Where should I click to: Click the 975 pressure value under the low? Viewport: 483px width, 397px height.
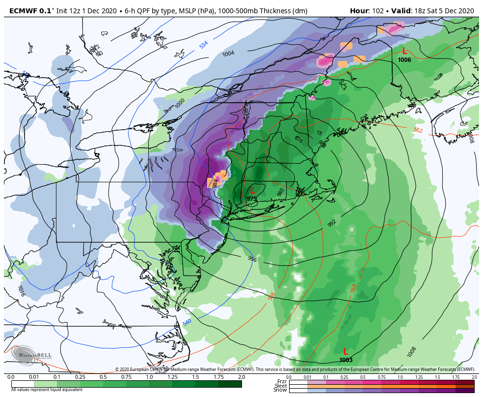(251, 198)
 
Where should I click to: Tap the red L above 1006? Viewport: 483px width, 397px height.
(404, 51)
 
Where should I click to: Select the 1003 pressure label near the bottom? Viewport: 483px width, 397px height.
(346, 360)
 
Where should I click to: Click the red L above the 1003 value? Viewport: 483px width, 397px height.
(346, 351)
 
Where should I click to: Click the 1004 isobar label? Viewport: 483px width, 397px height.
(228, 54)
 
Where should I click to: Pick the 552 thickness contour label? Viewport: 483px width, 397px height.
(418, 130)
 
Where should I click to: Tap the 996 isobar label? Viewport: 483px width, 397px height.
(252, 259)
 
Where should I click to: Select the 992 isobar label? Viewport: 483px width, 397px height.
(332, 223)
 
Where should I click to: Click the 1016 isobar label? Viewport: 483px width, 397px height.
(21, 291)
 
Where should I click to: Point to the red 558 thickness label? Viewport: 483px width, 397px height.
(353, 288)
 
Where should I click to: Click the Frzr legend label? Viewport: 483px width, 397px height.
(282, 381)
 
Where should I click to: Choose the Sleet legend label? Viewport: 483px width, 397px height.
(281, 386)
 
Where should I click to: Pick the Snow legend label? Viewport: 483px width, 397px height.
(281, 390)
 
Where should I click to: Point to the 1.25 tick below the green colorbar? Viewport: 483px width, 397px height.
(172, 377)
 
